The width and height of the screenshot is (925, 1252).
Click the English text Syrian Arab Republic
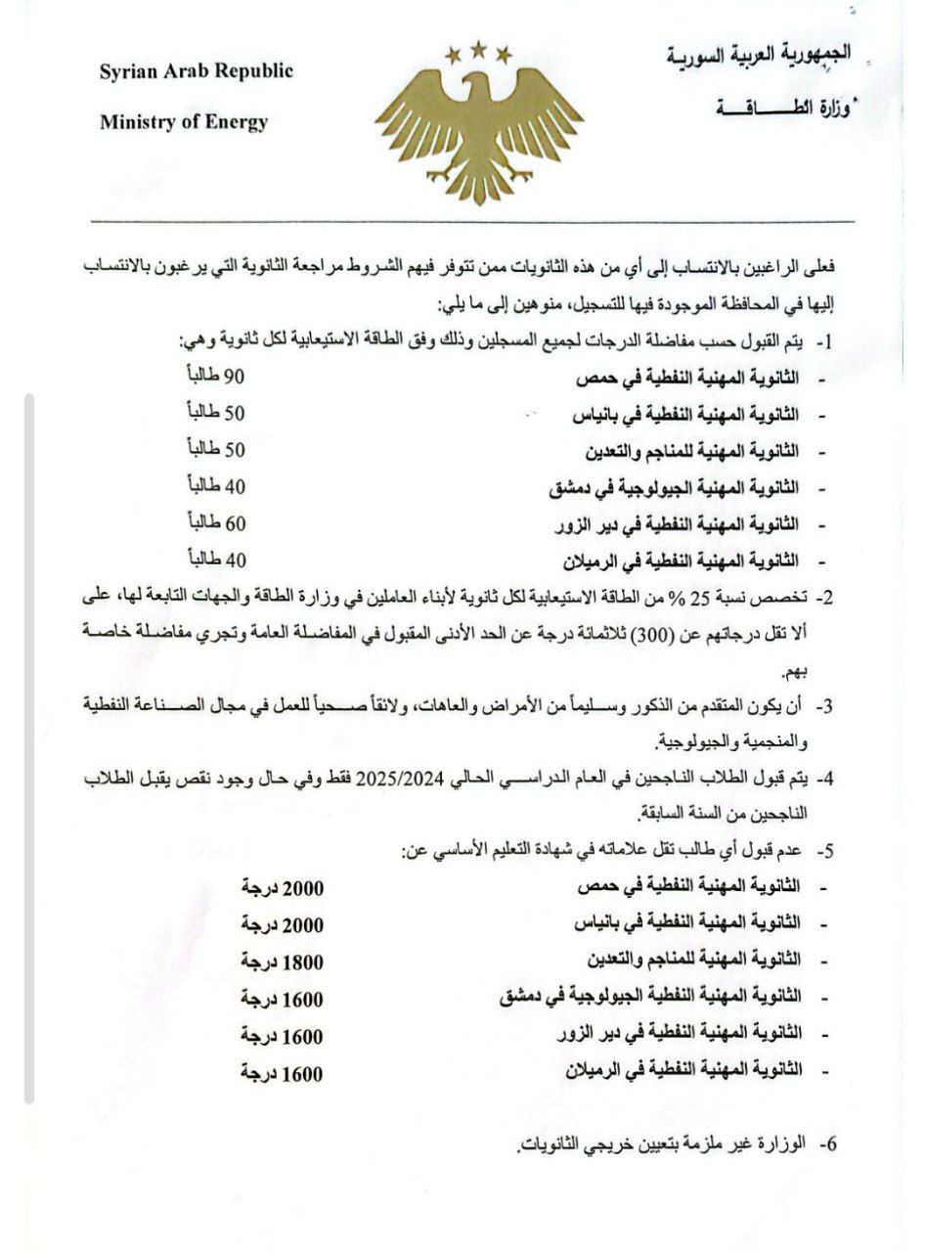coord(196,71)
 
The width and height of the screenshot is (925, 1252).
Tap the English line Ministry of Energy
coord(184,122)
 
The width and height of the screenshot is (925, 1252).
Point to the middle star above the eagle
coord(479,47)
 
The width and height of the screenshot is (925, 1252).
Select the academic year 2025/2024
coord(400,779)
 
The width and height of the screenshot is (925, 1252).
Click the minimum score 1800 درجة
coord(282,961)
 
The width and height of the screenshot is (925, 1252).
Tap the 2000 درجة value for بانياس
coord(282,924)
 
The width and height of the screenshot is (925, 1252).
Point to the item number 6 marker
coord(828,1142)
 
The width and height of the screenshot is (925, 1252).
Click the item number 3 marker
coord(824,705)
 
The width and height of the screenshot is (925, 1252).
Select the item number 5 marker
coord(827,850)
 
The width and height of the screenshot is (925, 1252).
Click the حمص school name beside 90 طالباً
coord(684,379)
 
